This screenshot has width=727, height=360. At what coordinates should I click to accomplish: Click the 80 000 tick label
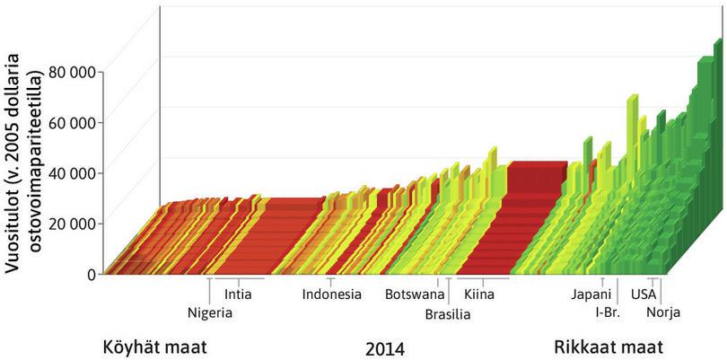(x=74, y=71)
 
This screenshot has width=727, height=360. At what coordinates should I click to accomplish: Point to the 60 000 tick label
(x=74, y=122)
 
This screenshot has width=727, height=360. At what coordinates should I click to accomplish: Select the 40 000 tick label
(x=74, y=172)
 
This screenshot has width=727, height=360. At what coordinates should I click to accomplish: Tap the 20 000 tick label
(x=74, y=224)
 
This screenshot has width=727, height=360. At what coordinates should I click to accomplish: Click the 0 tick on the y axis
(x=91, y=274)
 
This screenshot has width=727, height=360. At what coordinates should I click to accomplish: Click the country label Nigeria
(x=210, y=312)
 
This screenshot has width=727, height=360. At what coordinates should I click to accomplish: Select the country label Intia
(x=238, y=294)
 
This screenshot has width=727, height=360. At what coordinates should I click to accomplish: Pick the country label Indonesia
(x=331, y=294)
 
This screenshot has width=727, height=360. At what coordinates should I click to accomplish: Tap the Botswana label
(x=415, y=294)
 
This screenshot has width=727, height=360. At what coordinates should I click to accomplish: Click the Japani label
(x=591, y=294)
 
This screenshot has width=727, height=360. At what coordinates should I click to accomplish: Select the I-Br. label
(x=608, y=312)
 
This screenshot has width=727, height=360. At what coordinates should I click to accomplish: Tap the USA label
(x=644, y=294)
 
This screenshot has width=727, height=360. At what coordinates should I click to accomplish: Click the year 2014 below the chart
(x=385, y=347)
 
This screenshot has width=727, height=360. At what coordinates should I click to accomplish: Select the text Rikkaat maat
(x=596, y=347)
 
